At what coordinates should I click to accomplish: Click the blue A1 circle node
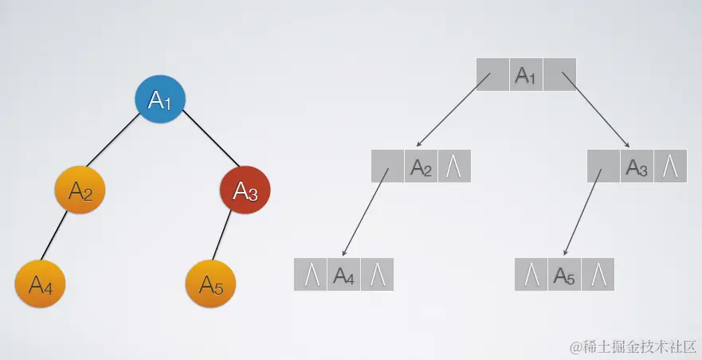tap(160, 100)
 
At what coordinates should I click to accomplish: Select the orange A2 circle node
tap(80, 190)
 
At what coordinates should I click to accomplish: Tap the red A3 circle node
tap(245, 190)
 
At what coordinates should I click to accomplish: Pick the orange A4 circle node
tap(41, 283)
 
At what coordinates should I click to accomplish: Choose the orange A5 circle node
tap(210, 283)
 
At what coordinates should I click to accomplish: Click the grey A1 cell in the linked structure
tap(525, 75)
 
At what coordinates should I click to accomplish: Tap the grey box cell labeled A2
tap(421, 166)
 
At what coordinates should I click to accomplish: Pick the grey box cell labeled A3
tap(637, 166)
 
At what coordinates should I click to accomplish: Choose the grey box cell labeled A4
tap(343, 275)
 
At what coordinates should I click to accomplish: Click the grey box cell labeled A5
tap(564, 275)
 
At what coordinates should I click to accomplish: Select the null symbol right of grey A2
tap(454, 166)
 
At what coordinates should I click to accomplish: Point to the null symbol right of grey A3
tap(670, 166)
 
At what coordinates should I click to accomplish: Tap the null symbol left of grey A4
tap(311, 275)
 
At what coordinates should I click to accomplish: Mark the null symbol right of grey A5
tap(598, 275)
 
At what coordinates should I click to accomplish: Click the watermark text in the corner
tap(633, 347)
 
